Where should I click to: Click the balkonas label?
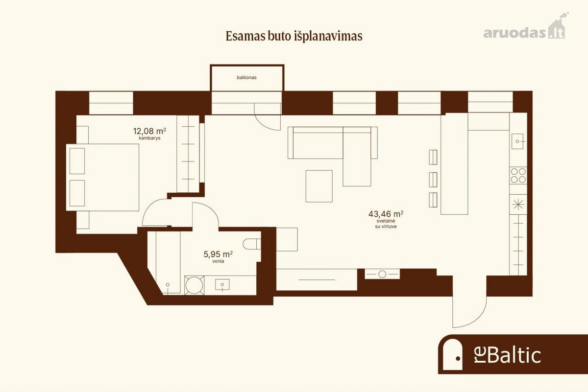[x=246, y=78]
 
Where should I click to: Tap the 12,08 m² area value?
[x=149, y=131]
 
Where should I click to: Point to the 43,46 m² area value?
[x=386, y=214]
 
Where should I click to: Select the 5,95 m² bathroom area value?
[x=218, y=254]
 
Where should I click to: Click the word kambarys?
[x=149, y=138]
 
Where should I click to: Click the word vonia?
[x=218, y=261]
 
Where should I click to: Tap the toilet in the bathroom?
[x=252, y=244]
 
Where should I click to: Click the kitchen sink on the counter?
[x=517, y=141]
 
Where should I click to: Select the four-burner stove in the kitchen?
[x=518, y=175]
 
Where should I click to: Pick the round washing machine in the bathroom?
[x=194, y=285]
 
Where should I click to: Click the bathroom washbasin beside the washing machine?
[x=222, y=285]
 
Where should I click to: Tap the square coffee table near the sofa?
[x=319, y=186]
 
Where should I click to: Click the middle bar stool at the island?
[x=433, y=180]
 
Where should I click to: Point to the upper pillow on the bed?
[x=77, y=161]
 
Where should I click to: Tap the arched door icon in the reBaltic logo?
[x=452, y=354]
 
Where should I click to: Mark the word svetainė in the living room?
[x=386, y=221]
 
